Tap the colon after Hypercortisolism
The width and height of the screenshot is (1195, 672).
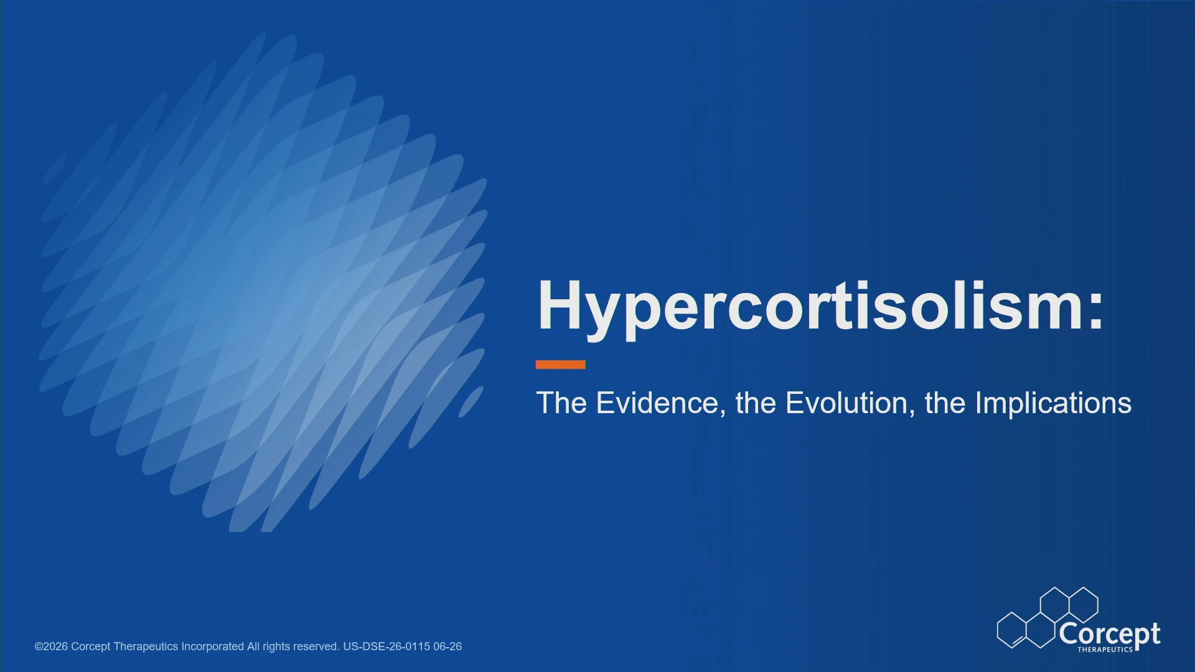(x=1097, y=309)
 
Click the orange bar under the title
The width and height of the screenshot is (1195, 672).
(x=561, y=365)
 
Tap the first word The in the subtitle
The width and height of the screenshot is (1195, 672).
(x=561, y=403)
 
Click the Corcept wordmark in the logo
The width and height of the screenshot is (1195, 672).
(x=1110, y=635)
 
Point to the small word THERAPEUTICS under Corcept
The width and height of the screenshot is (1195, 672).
(x=1105, y=650)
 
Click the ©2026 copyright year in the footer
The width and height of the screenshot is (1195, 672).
(x=51, y=646)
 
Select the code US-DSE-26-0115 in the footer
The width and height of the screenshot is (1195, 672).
(x=387, y=646)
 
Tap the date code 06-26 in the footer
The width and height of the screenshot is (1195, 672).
(x=448, y=646)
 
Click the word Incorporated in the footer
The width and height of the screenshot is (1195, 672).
(x=212, y=647)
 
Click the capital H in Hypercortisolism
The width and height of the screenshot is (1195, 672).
(x=560, y=305)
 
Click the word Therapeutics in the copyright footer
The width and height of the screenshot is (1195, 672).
(x=146, y=647)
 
